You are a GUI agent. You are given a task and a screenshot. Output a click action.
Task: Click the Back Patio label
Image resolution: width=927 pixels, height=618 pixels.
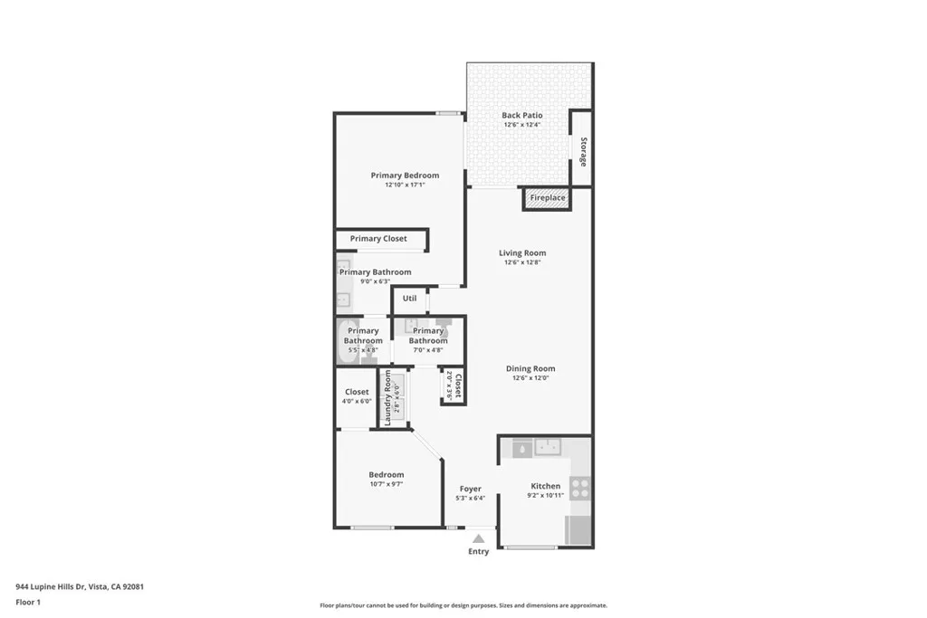(521, 116)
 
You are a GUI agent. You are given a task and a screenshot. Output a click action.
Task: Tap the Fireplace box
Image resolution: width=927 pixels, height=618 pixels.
(547, 198)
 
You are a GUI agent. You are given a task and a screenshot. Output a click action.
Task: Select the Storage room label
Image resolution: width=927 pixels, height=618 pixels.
(583, 151)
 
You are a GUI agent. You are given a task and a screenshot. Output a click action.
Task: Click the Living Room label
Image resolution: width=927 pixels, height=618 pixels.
(522, 253)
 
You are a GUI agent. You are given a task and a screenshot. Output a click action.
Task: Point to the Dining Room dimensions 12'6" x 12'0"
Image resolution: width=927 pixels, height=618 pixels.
(530, 378)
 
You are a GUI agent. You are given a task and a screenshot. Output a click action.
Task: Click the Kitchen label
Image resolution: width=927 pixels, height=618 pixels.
(545, 486)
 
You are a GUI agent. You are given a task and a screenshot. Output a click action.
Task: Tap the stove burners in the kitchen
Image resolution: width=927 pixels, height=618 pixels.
(579, 489)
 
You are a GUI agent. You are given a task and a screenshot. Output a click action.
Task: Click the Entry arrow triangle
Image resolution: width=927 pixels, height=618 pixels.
(478, 538)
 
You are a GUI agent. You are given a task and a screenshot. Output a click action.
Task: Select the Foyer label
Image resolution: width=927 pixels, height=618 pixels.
(471, 489)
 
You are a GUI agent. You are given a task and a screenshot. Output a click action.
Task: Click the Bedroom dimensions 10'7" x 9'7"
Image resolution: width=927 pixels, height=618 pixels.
(386, 484)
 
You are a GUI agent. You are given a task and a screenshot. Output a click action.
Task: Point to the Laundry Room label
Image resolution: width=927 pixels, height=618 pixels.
(387, 398)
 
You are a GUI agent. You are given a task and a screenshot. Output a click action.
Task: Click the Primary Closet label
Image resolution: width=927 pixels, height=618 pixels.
(378, 239)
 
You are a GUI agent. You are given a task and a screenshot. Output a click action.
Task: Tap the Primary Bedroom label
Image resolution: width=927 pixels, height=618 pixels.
(405, 176)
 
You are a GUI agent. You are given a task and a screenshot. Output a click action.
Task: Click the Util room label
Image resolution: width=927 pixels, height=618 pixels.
(409, 298)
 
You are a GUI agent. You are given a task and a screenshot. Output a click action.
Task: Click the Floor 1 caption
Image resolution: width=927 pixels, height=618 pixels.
(28, 602)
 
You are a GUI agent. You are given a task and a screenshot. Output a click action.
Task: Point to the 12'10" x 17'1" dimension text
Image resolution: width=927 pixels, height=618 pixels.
(405, 185)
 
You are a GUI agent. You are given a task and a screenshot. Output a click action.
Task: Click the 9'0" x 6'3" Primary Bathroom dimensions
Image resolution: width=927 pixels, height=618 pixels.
(375, 281)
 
